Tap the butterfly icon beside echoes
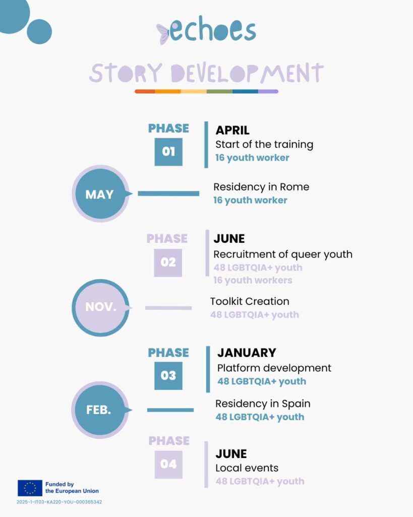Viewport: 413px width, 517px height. click(163, 34)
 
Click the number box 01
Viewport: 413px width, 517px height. click(168, 151)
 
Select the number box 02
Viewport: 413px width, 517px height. click(168, 262)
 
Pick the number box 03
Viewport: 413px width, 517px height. click(168, 376)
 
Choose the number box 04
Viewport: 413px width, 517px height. click(168, 464)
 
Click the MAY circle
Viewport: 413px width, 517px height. click(100, 194)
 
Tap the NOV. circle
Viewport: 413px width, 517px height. click(100, 307)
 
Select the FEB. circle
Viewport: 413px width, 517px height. click(99, 410)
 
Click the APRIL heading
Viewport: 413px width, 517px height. click(232, 131)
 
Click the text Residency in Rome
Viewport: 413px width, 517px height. click(261, 187)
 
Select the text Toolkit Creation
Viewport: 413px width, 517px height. click(250, 301)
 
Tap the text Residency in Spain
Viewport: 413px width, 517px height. click(263, 404)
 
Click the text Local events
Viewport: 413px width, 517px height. click(247, 468)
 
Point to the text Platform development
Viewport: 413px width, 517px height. click(274, 368)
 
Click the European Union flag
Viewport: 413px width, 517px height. click(30, 488)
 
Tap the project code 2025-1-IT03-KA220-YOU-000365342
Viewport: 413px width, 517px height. click(59, 502)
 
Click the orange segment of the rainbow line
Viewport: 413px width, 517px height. click(167, 91)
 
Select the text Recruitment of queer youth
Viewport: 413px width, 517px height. click(282, 254)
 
